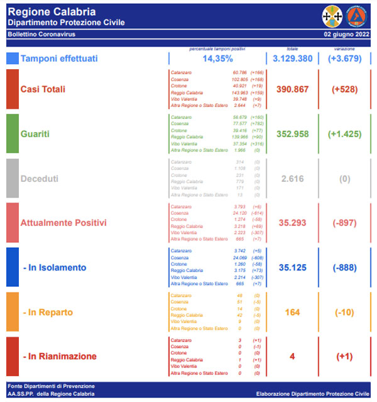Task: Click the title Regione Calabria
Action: point(52,12)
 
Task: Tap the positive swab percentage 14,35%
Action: point(218,59)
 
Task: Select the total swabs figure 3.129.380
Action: point(293,59)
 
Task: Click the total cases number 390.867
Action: point(293,89)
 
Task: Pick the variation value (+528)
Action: point(344,89)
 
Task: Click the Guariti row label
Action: point(36,134)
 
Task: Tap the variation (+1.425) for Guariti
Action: point(344,134)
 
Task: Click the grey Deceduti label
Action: point(40,179)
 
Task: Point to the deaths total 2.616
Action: point(293,179)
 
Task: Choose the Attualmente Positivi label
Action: point(63,223)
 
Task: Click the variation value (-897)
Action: point(344,223)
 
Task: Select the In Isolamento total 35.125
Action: point(293,267)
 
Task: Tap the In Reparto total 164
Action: point(293,312)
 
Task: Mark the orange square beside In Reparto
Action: point(12,312)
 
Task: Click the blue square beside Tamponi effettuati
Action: point(12,59)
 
